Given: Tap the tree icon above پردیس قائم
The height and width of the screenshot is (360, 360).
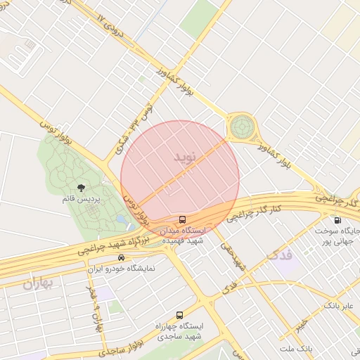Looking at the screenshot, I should click(x=82, y=188).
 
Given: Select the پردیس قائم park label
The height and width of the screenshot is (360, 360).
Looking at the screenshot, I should click(x=82, y=200).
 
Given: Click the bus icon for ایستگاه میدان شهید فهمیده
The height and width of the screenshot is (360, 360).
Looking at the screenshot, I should click(x=183, y=220).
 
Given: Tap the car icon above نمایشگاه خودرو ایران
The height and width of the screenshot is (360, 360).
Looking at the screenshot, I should click(x=122, y=258).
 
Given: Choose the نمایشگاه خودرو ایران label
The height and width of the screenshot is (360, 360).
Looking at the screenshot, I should click(x=122, y=269).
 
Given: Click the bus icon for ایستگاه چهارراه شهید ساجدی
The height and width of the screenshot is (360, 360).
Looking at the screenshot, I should click(x=180, y=316).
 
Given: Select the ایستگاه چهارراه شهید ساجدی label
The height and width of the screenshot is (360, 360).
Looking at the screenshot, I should click(x=180, y=331).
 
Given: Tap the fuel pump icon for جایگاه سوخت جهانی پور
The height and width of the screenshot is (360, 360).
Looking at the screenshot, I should click(x=338, y=220).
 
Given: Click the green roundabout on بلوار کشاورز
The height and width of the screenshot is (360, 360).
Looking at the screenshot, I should click(x=242, y=127).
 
